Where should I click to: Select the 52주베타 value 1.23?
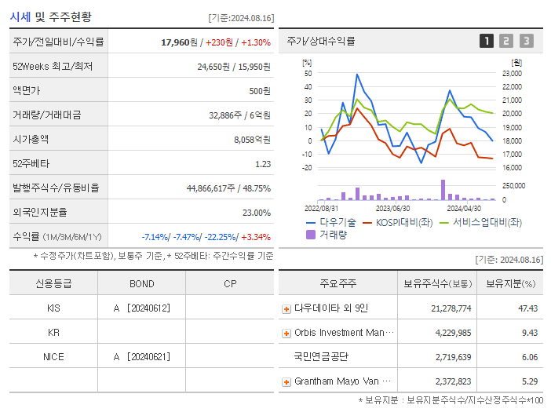tap(262, 163)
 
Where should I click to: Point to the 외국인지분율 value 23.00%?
tap(256, 212)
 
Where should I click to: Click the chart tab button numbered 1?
tap(487, 41)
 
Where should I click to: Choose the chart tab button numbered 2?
tap(506, 41)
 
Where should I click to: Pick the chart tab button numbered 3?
tap(526, 41)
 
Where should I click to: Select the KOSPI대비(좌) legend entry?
tap(398, 222)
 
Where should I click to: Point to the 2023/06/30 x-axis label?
tap(392, 208)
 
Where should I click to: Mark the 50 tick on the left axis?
tap(308, 73)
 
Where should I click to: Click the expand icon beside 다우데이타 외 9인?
tap(286, 309)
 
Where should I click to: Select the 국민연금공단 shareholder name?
tap(321, 357)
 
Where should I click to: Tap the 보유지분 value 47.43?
tap(527, 308)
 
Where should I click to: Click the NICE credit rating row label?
tap(53, 356)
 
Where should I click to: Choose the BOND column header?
tap(141, 283)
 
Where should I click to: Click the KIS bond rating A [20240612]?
tap(141, 308)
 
